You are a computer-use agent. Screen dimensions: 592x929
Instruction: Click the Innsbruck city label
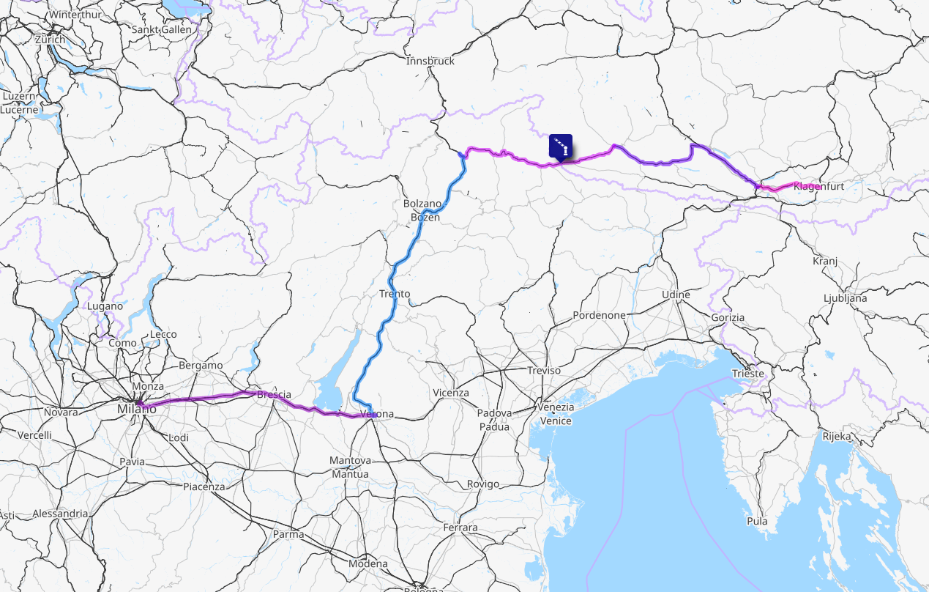pyautogui.click(x=430, y=61)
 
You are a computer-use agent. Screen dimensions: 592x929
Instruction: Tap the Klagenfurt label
pyautogui.click(x=818, y=186)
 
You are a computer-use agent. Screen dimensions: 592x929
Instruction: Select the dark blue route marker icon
pyautogui.click(x=561, y=146)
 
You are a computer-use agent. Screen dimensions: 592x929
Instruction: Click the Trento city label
pyautogui.click(x=395, y=295)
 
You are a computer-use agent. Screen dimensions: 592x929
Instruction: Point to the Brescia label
pyautogui.click(x=274, y=395)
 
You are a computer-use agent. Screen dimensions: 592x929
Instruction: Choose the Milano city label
pyautogui.click(x=137, y=409)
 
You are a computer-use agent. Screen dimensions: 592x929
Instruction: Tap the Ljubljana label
pyautogui.click(x=845, y=298)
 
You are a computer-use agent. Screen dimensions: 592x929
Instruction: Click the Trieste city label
pyautogui.click(x=748, y=374)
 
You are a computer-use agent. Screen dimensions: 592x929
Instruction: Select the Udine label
pyautogui.click(x=676, y=295)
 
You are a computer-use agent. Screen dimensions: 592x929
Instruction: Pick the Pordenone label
pyautogui.click(x=600, y=315)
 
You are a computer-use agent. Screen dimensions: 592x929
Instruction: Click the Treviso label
pyautogui.click(x=544, y=371)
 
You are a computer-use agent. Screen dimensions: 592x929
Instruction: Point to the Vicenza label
pyautogui.click(x=450, y=393)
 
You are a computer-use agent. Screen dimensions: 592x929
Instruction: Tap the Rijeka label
pyautogui.click(x=836, y=437)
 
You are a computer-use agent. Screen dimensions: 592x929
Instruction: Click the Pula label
pyautogui.click(x=757, y=522)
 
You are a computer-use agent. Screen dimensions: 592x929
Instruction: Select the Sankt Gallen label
pyautogui.click(x=161, y=30)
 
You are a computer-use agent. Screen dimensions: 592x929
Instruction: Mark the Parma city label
pyautogui.click(x=288, y=534)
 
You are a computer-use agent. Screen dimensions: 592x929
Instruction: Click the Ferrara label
pyautogui.click(x=460, y=528)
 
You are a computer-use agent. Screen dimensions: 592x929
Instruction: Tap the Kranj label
pyautogui.click(x=825, y=262)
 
